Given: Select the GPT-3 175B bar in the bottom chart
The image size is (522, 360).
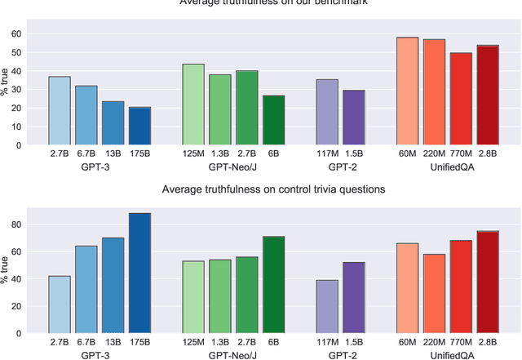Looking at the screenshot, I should point(139,273).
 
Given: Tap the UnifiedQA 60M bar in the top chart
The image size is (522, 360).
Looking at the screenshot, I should point(408,91).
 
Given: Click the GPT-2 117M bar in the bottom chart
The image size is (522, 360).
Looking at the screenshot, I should point(327,307).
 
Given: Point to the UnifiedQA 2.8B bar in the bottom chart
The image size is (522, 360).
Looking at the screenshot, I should point(488,282).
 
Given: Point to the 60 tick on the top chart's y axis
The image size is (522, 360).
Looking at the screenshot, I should point(14,34).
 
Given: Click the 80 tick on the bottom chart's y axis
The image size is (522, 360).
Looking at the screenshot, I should point(14,224).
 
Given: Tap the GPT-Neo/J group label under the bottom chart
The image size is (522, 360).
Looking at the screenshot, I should point(233,354).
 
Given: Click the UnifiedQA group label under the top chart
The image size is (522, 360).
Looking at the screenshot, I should point(448,165).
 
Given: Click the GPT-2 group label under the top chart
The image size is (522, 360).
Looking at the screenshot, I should point(340,165).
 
